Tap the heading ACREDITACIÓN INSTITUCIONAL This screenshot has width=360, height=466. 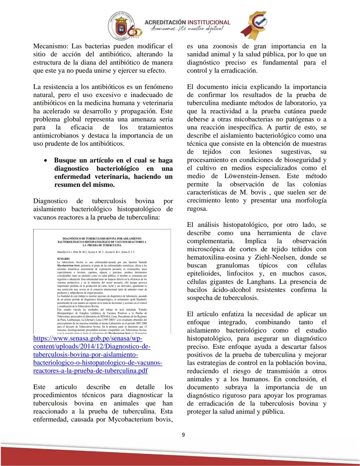click(187, 22)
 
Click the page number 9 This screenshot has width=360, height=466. click(183, 435)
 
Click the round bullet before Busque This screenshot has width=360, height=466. click(46, 160)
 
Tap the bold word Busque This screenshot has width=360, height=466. click(67, 160)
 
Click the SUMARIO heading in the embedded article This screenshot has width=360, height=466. click(63, 259)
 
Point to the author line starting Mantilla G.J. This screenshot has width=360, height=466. click(96, 252)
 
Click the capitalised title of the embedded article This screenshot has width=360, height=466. click(102, 242)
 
